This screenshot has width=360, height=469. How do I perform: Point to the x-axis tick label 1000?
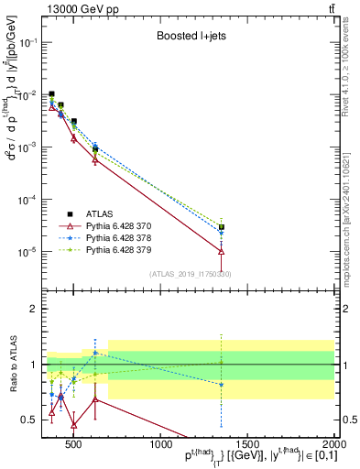pyautogui.click(x=161, y=444)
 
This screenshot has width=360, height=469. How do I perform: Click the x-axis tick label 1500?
pyautogui.click(x=247, y=444)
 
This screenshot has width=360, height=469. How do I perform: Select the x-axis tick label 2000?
pyautogui.click(x=332, y=444)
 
